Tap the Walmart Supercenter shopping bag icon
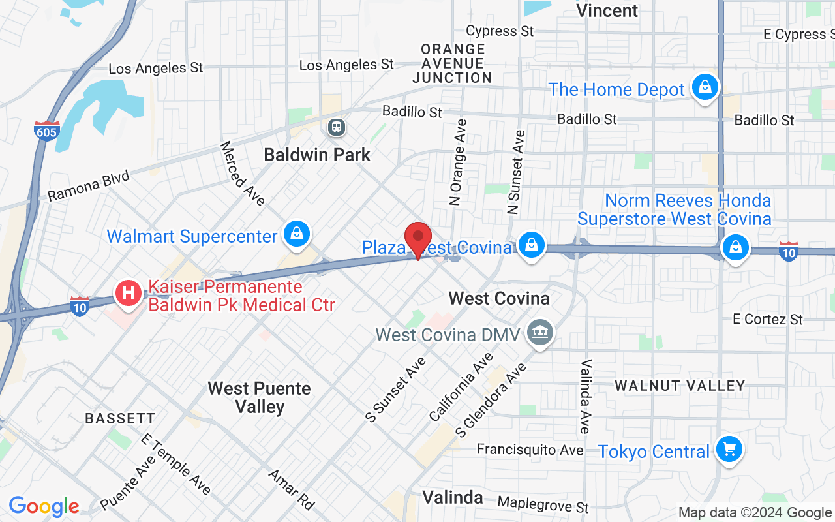297,234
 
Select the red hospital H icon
129,292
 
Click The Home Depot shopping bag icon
705,87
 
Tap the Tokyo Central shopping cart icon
729,449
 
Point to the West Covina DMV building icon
540,333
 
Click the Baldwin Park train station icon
337,127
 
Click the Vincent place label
607,10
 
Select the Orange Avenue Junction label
453,63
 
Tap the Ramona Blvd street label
89,186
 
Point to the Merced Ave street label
242,174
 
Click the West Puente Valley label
259,397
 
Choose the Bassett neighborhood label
120,418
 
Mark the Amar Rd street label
292,489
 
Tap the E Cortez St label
768,319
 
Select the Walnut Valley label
680,386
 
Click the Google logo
44,506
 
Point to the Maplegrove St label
543,504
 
